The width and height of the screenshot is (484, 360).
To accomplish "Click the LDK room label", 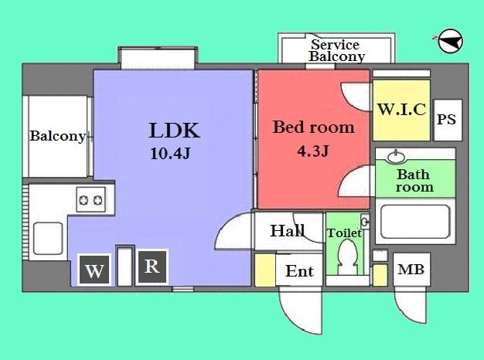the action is (x=175, y=131).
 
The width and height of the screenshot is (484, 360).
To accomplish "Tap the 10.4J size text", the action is (x=170, y=153).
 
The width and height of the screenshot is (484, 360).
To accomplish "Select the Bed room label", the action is (x=313, y=127).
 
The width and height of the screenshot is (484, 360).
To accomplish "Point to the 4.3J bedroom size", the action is (x=312, y=151).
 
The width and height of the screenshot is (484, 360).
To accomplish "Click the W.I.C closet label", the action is (x=402, y=109).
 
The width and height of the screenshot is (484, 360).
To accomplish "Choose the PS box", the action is (x=448, y=120).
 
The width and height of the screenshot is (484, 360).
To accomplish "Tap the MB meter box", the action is (x=411, y=270).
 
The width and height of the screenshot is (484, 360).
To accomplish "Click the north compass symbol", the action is (x=450, y=41).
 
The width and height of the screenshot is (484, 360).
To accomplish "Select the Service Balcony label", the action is (x=337, y=50).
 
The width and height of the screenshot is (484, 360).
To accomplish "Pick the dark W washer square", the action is (x=94, y=270).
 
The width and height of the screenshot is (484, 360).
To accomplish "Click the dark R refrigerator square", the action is (x=152, y=267).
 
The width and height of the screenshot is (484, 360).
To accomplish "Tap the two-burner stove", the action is (x=90, y=199).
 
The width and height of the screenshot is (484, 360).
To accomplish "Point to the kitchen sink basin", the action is (x=48, y=239).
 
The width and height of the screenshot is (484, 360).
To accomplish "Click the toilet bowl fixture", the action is (x=347, y=256).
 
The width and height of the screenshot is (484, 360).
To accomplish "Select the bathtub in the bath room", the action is (x=415, y=222).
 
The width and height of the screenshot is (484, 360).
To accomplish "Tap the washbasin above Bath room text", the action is (x=397, y=157).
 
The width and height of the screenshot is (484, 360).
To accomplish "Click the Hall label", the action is (x=288, y=231).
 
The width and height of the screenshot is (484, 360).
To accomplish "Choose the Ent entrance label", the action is (x=299, y=271).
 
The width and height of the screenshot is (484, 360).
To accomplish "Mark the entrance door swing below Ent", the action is (x=301, y=310).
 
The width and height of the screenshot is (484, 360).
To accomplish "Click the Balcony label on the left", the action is (x=57, y=136).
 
